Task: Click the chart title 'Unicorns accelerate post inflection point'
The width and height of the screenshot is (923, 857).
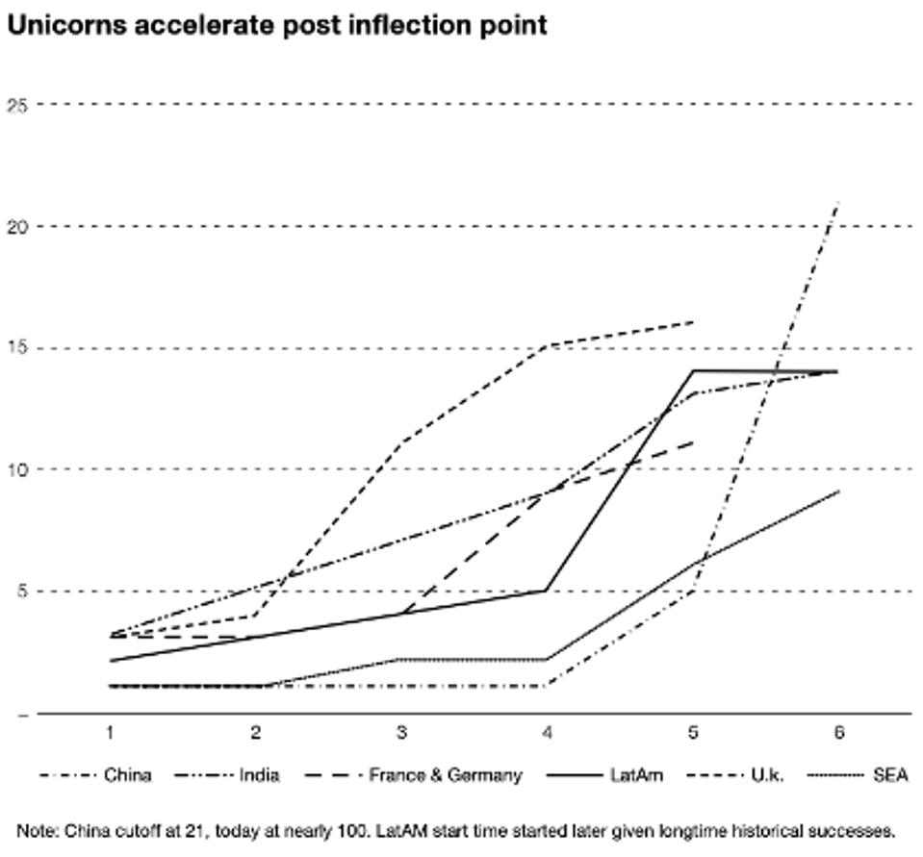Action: (x=276, y=26)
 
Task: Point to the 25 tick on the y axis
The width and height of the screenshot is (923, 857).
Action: (x=16, y=104)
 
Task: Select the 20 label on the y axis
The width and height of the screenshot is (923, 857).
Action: (x=16, y=226)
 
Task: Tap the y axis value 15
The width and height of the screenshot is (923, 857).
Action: (x=16, y=348)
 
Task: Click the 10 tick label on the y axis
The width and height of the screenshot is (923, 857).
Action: (x=16, y=469)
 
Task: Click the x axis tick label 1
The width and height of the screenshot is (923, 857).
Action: (x=110, y=734)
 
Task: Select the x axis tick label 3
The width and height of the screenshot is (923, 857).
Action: (x=401, y=734)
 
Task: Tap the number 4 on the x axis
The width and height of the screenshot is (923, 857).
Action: (x=547, y=734)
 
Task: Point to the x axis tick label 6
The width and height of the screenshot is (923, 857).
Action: (x=838, y=734)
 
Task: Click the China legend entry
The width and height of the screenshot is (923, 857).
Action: (x=127, y=775)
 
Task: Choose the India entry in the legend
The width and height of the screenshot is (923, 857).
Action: (x=259, y=775)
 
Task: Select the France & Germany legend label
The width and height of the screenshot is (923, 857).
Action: (x=445, y=775)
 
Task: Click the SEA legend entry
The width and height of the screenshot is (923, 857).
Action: (x=890, y=775)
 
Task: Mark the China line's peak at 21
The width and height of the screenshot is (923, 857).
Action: (x=838, y=202)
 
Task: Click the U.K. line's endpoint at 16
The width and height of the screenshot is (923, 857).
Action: (x=693, y=322)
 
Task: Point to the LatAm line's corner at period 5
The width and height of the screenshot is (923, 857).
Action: (x=693, y=370)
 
